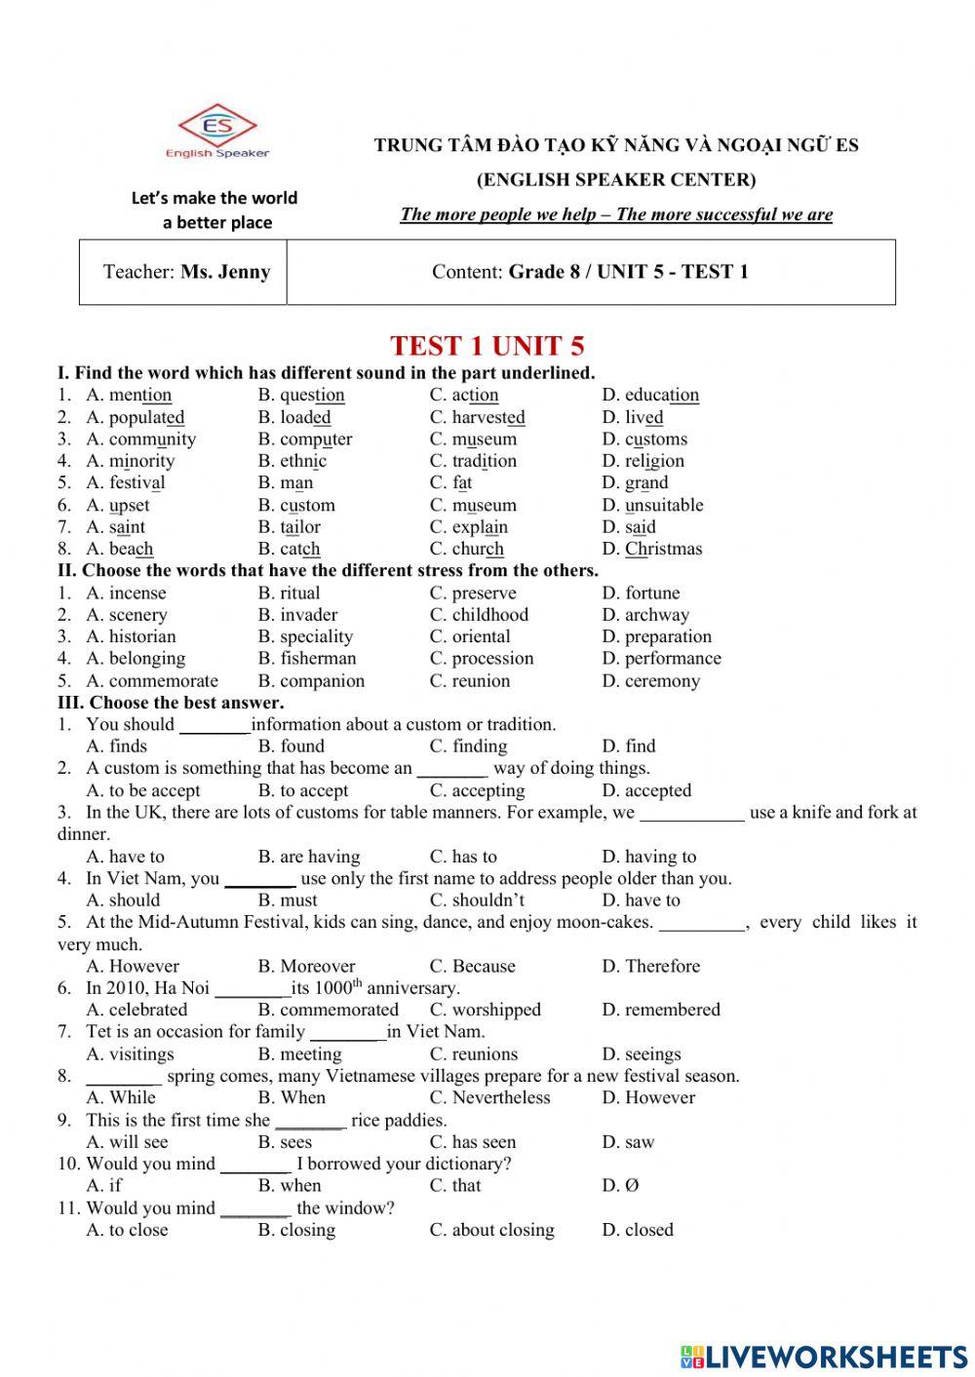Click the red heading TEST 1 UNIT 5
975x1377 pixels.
487,346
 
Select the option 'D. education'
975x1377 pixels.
650,396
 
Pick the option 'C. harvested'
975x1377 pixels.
477,418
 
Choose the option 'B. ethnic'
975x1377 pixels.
292,461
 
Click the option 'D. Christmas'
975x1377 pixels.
651,549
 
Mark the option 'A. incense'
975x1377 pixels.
126,593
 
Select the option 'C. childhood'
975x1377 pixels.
479,615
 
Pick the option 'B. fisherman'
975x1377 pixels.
307,659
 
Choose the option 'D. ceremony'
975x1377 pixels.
650,681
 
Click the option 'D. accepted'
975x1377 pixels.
646,791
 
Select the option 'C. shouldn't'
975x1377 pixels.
477,900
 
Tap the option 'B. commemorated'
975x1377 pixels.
328,1011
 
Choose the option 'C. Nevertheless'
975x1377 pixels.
489,1098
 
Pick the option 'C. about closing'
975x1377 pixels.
491,1230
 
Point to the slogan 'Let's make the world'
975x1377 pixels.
214,198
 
